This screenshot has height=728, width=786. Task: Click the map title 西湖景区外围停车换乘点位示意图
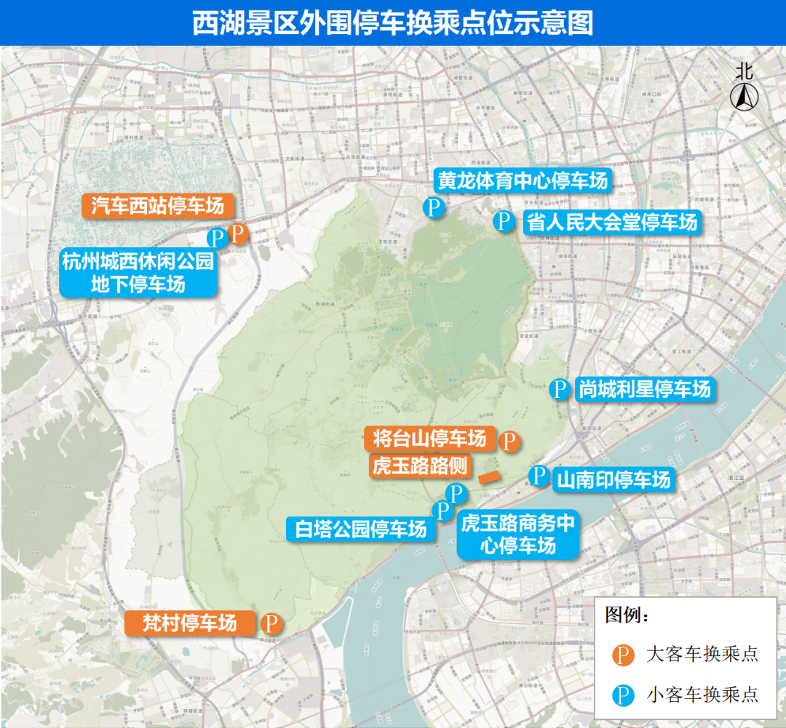(x=393, y=23)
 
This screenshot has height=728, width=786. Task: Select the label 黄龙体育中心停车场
(x=523, y=180)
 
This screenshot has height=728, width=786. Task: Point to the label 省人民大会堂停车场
(x=611, y=222)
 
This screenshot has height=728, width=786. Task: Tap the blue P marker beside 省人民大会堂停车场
(x=504, y=221)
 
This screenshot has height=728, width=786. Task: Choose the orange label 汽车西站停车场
(x=157, y=206)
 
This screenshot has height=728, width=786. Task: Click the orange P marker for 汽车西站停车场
(x=237, y=233)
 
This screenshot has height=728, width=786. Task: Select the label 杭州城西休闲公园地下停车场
(x=138, y=273)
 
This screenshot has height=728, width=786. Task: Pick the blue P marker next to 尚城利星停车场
(x=559, y=389)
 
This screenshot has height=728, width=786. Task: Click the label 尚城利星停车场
(x=643, y=389)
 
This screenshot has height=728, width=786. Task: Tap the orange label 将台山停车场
(x=429, y=439)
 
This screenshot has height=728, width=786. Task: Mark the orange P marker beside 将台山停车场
(x=509, y=440)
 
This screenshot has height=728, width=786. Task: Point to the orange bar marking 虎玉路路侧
(x=487, y=477)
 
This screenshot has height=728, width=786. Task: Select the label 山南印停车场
(x=613, y=480)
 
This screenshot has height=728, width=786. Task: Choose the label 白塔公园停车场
(x=361, y=529)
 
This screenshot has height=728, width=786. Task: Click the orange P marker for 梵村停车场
(x=271, y=623)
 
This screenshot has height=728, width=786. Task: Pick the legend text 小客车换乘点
(x=702, y=695)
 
